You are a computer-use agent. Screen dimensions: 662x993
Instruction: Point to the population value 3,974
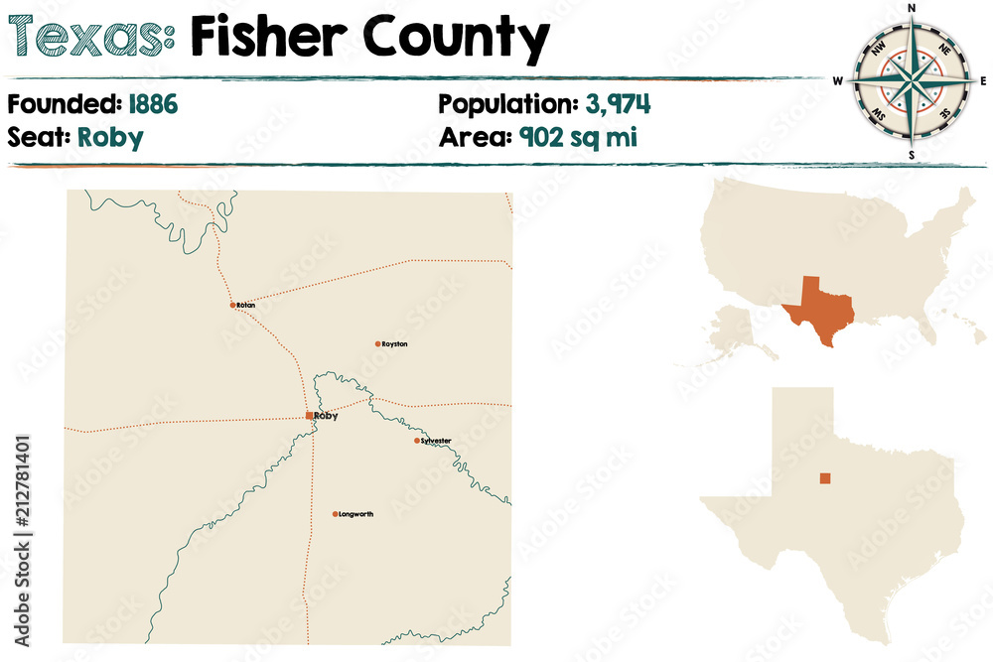pos(617,103)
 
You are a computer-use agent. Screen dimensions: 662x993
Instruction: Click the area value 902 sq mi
pos(577,136)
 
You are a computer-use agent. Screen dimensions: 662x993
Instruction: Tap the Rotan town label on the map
pos(246,306)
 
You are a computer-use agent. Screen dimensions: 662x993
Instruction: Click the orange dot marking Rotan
pos(233,305)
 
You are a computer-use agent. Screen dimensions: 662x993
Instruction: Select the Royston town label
pos(394,344)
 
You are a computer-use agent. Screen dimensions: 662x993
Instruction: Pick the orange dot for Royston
pos(377,344)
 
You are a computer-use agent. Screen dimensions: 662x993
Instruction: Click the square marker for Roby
pos(310,416)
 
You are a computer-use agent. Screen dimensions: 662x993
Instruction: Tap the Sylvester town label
pos(436,440)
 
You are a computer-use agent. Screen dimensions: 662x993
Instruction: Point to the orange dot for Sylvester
pos(417,440)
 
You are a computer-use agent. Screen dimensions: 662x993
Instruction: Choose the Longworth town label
pos(355,514)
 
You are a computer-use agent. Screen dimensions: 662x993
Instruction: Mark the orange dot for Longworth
pos(336,514)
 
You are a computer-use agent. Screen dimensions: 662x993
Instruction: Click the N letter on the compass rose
pos(912,9)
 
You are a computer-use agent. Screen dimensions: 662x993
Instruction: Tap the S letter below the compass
pos(912,156)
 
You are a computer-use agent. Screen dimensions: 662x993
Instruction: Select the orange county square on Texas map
pos(824,478)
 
